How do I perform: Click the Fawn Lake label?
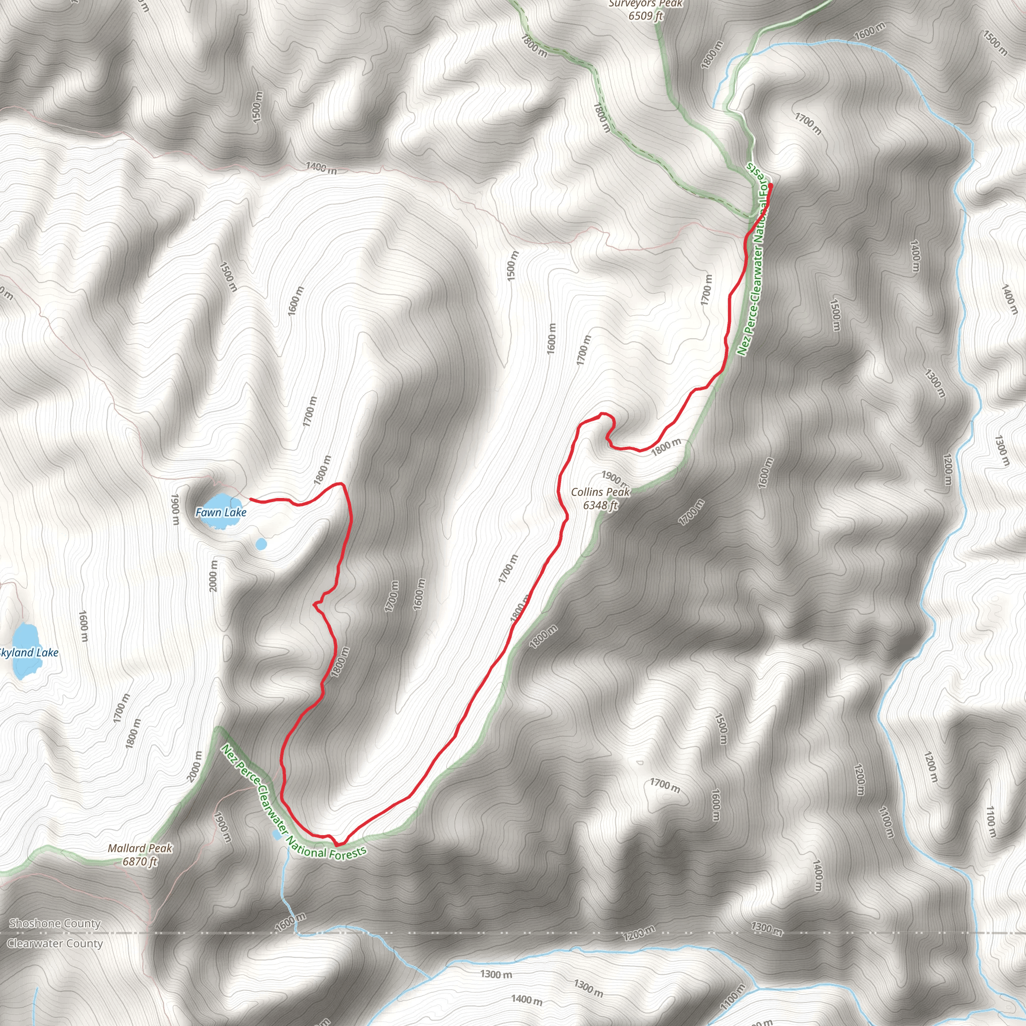[220, 512]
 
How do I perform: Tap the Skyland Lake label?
[29, 653]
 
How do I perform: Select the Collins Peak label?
[600, 492]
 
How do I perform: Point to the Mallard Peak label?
[140, 848]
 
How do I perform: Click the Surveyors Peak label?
[645, 4]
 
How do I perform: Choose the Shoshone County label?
[55, 923]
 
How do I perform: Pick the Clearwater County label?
[55, 944]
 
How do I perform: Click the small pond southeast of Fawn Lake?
[261, 544]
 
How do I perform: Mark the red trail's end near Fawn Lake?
[250, 499]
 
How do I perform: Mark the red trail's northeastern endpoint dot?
[770, 185]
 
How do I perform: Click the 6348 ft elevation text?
[600, 505]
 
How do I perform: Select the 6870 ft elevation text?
[140, 861]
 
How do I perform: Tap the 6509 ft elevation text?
[645, 16]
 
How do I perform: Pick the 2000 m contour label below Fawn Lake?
[213, 576]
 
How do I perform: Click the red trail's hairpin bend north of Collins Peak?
[603, 414]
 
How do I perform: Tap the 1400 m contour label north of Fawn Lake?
[321, 168]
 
